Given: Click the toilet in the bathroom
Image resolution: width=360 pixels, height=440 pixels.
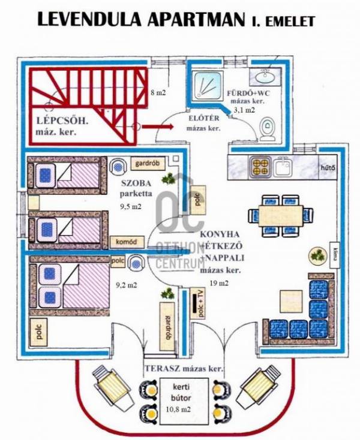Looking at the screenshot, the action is click(x=268, y=129).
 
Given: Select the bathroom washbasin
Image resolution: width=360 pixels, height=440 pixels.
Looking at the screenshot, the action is click(x=265, y=76).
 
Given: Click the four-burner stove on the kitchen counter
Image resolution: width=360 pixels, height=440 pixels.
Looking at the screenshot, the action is click(x=260, y=167).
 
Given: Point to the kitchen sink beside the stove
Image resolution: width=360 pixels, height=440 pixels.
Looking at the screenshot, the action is click(x=283, y=167).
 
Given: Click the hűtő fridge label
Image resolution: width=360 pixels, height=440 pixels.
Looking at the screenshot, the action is click(x=328, y=168).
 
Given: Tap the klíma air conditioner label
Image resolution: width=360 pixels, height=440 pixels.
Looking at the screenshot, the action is click(x=334, y=255).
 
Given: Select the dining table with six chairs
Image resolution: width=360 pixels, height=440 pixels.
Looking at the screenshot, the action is click(x=281, y=216).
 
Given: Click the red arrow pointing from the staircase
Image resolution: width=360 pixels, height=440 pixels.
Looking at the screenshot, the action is click(x=158, y=126).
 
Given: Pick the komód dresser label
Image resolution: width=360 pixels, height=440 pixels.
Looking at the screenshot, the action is click(x=127, y=242).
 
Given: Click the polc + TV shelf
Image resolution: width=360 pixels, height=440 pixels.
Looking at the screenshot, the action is click(x=197, y=303).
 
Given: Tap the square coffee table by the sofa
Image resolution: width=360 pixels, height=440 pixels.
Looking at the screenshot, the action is click(x=291, y=301).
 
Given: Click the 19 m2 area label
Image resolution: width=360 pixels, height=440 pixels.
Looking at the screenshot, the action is click(x=219, y=283).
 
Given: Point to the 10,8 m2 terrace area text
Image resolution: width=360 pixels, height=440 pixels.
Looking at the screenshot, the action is click(x=178, y=409).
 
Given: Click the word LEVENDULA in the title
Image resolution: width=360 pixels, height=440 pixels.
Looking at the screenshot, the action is click(x=89, y=20).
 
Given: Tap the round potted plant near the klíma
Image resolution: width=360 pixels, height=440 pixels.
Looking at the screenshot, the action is click(x=318, y=255).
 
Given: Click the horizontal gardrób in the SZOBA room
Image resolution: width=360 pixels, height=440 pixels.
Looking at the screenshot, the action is click(x=148, y=163).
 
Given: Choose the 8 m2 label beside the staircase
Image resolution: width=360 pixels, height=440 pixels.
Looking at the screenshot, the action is click(x=158, y=92).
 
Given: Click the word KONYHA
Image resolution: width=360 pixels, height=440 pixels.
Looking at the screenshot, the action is click(x=220, y=234).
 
